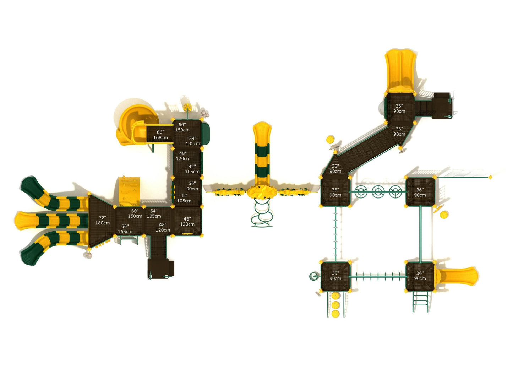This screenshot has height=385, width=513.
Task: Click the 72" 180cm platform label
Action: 102,220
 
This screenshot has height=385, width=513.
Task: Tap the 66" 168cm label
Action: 160,135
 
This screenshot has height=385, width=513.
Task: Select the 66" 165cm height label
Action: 125,229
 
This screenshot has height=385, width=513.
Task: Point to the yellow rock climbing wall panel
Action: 129,191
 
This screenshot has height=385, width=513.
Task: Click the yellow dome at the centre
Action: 262,192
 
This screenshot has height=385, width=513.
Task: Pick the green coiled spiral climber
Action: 262,214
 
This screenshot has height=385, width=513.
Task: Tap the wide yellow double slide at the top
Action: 400,71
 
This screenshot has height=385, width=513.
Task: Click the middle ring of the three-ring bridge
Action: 378,192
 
